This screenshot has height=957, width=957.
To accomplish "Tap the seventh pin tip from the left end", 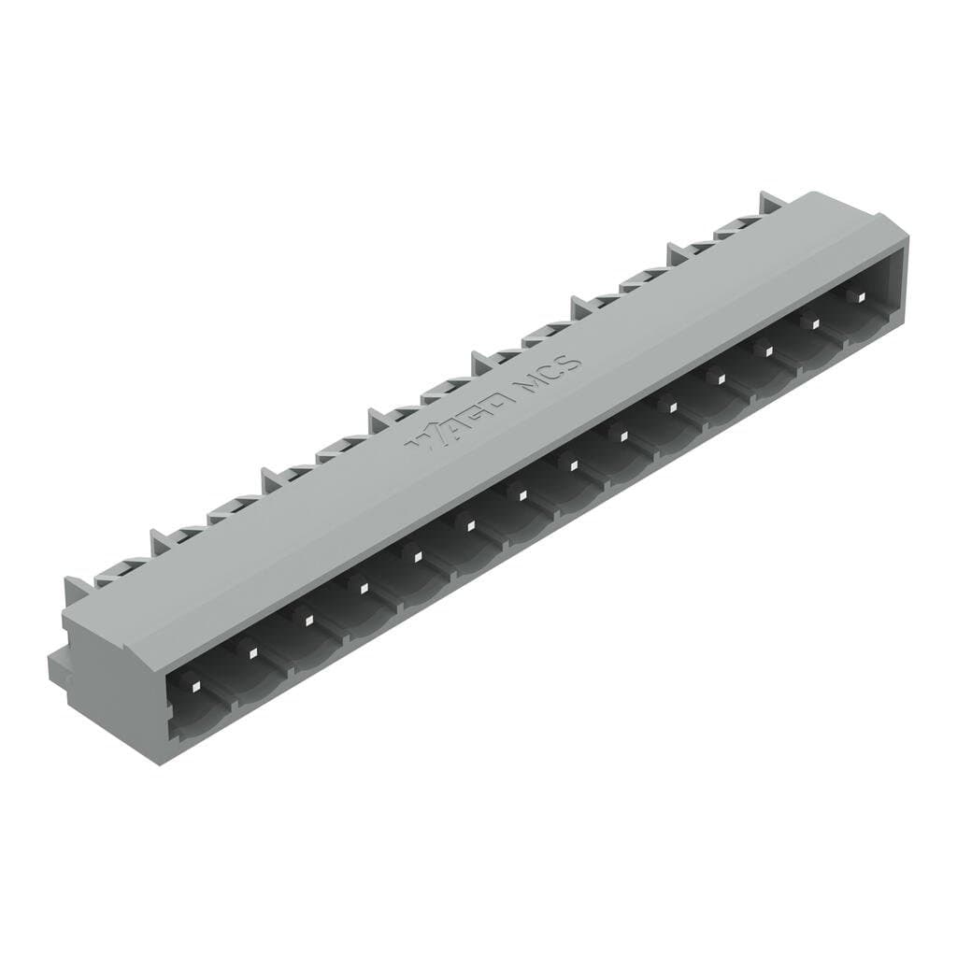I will click(x=521, y=493).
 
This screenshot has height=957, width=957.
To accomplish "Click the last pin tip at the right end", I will click(x=861, y=296).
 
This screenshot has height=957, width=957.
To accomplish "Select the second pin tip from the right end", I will click(x=814, y=323).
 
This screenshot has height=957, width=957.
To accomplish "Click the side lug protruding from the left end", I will click(x=58, y=664).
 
